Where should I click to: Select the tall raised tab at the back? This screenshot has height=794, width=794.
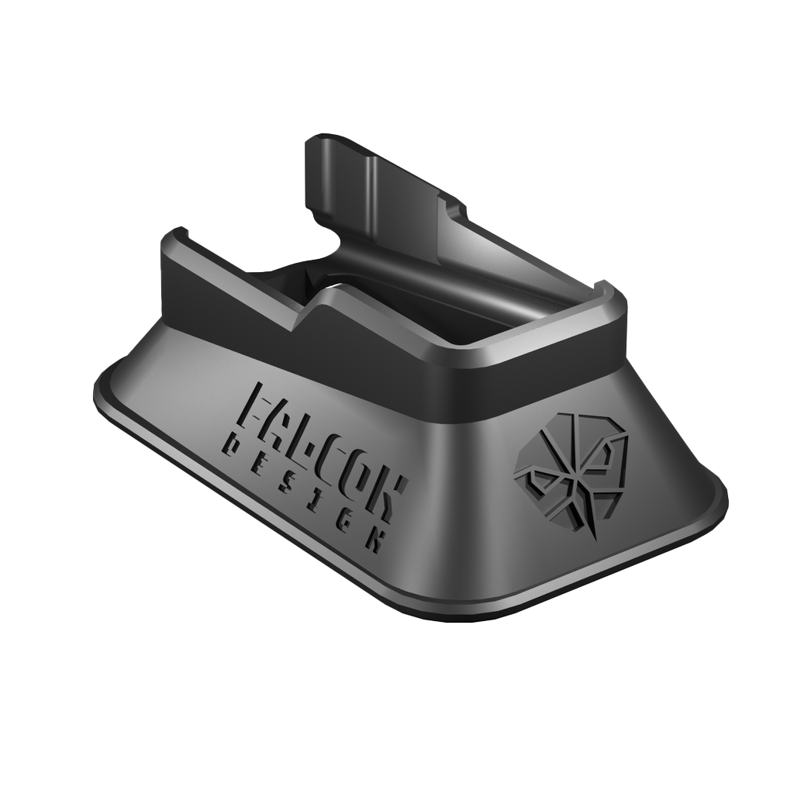(x=372, y=194)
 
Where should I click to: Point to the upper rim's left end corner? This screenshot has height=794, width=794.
(x=174, y=236)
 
